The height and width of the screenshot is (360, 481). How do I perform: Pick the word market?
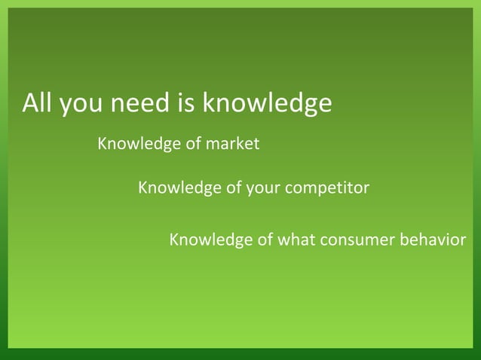234,143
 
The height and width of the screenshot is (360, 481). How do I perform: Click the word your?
263,189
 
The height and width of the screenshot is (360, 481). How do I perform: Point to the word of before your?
234,188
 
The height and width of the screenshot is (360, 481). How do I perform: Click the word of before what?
265,240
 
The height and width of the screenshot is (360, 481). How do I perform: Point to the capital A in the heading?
31,103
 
